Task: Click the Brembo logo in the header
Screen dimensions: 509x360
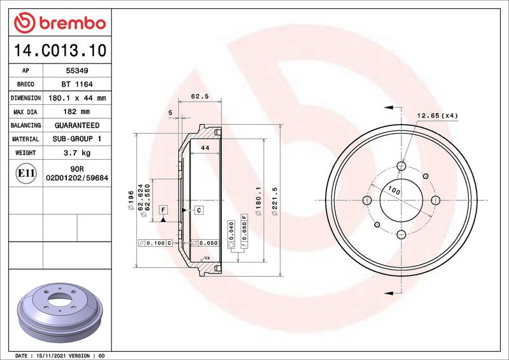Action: [x=60, y=23]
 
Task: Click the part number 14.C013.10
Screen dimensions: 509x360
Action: [x=60, y=50]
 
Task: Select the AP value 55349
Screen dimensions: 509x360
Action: [x=77, y=71]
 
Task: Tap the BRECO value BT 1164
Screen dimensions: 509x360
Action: [x=77, y=85]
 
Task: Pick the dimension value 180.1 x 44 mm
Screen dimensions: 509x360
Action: [x=77, y=98]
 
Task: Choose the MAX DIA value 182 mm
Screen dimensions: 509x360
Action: [x=76, y=112]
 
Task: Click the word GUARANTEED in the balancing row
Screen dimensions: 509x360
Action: [x=77, y=125]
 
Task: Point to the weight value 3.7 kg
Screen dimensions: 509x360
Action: [x=77, y=153]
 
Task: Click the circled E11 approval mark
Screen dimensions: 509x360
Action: [x=25, y=173]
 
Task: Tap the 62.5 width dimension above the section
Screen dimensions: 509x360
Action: [x=200, y=97]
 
